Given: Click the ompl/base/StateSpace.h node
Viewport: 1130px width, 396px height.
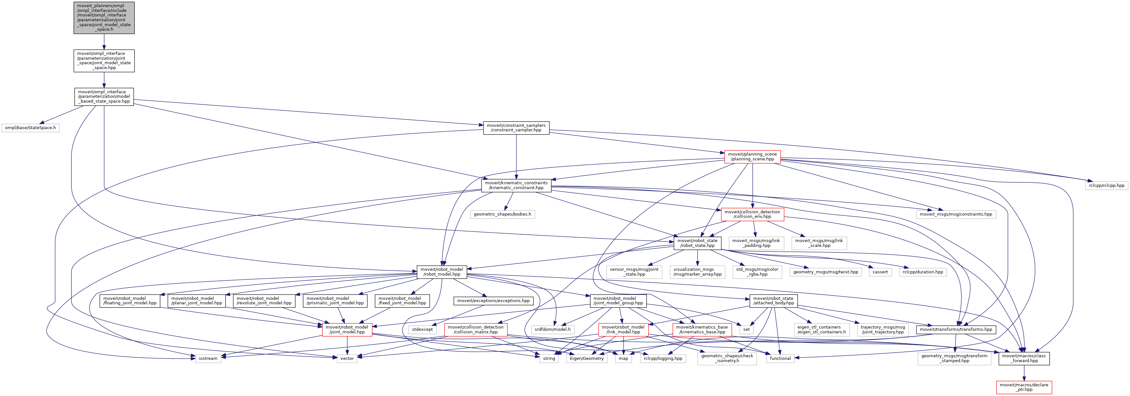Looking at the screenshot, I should pos(30,127).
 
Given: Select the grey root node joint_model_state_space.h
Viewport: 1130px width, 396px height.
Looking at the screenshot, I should pos(104,17).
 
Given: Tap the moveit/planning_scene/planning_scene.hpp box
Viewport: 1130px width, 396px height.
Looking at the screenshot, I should pos(752,157).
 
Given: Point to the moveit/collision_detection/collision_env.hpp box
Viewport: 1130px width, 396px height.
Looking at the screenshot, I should pos(752,214).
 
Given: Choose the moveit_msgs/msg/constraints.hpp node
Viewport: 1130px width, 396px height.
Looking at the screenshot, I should pos(956,214).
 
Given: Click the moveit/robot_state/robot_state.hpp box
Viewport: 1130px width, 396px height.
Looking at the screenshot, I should pos(697,243).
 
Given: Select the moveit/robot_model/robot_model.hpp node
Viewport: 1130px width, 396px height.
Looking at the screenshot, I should pos(442,272).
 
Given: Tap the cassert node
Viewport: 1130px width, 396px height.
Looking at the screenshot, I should pos(880,272).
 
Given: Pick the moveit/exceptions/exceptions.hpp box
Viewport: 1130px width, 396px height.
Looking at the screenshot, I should pos(494,301).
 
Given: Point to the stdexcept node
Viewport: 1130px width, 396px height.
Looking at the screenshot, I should pos(422,329).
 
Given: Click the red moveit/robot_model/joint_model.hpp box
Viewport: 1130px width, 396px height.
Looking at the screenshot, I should pos(347,329).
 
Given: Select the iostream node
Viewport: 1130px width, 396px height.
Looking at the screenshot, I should pos(208,358).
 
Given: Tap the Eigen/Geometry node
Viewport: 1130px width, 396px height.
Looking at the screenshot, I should pos(587,358).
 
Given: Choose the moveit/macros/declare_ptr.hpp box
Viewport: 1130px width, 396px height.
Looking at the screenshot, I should pos(1024,387).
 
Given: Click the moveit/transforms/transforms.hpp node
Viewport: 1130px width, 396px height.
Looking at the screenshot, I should pos(956,329).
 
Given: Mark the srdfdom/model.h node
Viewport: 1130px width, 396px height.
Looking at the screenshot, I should pos(553,329).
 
